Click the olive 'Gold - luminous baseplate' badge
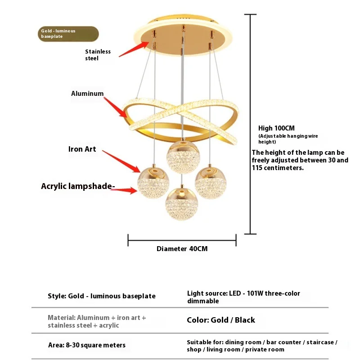click(x=68, y=34)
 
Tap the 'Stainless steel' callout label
click(x=98, y=55)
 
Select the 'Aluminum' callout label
click(x=87, y=94)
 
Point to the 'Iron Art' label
click(x=82, y=149)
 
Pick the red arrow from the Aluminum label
click(x=116, y=106)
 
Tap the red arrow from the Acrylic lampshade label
click(x=124, y=190)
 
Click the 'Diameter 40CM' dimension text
click(x=182, y=249)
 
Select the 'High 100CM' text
click(x=276, y=128)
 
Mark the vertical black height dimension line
click(x=250, y=124)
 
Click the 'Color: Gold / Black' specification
click(x=220, y=320)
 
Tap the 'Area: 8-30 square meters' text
click(x=86, y=346)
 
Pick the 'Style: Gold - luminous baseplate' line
click(x=102, y=296)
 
